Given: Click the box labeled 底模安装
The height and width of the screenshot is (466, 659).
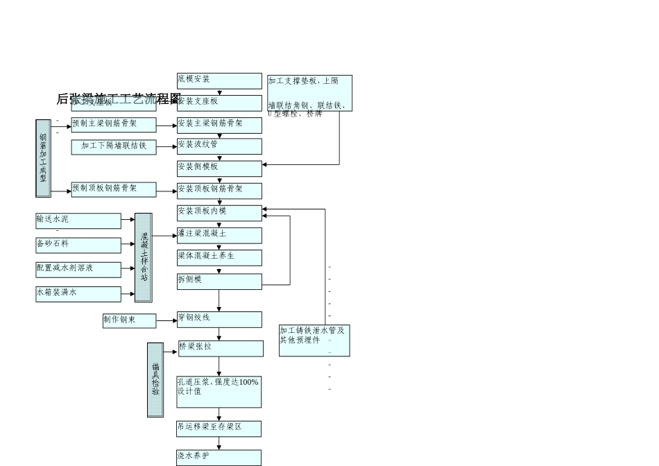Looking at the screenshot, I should pos(219,81).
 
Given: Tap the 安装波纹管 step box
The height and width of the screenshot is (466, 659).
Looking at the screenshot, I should pos(219,146).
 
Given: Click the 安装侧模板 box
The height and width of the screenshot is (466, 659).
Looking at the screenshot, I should pos(219,169).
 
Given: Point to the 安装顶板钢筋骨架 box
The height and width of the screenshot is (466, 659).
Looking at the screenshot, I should pos(219,191).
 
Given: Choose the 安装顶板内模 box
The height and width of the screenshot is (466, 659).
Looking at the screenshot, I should pos(219,213).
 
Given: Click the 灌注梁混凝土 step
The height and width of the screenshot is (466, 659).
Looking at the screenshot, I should pos(219,235).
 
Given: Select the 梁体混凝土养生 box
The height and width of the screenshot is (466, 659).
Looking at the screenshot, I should pos(219,257).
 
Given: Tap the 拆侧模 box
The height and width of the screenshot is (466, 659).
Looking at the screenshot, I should pos(219,281).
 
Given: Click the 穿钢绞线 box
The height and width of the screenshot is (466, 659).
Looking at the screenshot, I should pos(219,319).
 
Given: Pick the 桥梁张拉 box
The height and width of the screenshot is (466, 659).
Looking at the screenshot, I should pos(221,348).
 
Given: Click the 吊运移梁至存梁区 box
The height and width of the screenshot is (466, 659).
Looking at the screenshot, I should pos(219,429).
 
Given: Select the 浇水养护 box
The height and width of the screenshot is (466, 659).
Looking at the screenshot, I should pos(219,458).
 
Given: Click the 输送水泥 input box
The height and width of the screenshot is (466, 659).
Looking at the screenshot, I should pos(78,221).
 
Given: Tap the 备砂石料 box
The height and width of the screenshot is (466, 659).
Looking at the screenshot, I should pos(78,245).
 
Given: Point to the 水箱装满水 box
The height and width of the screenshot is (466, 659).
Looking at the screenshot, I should pos(78,294).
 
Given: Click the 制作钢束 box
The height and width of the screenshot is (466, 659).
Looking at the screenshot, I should pos(129,320).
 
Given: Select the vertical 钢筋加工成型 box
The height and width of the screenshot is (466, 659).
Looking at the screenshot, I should pos(43,158).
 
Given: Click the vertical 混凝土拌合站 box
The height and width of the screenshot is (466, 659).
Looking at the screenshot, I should pos(144,257).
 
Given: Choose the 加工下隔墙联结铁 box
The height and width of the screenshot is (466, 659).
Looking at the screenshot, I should pos(114,147).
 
